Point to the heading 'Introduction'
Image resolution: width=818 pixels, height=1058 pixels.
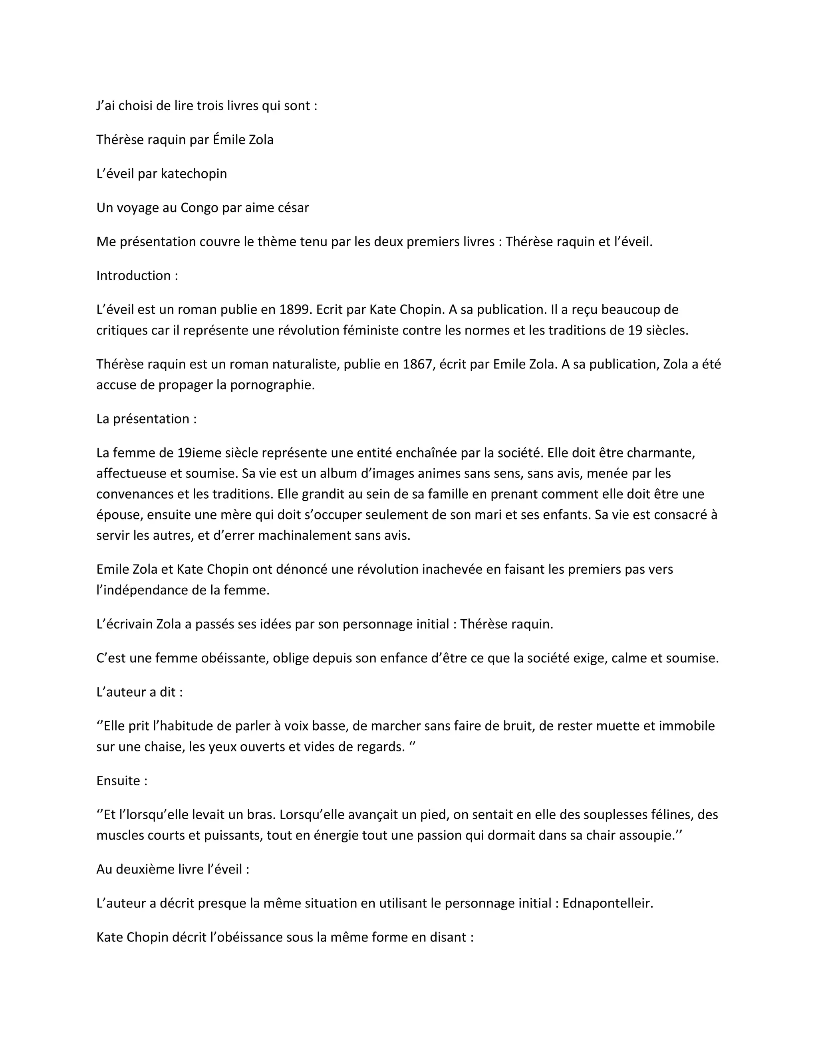pos(134,275)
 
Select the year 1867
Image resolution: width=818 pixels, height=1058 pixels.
pos(418,364)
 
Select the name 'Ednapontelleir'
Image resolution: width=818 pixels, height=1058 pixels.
pos(608,903)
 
